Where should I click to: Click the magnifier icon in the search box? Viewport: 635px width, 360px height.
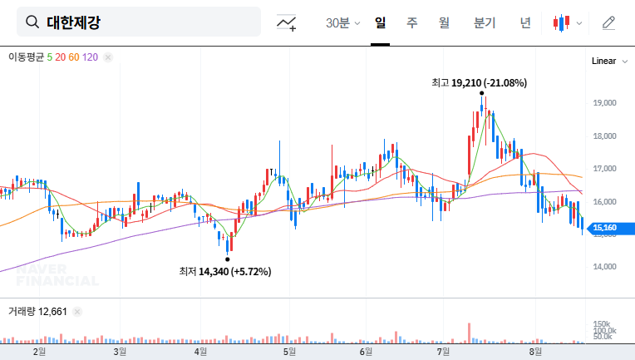point(32,22)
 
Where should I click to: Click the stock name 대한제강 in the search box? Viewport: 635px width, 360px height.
point(73,22)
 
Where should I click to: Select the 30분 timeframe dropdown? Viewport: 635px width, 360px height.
point(342,22)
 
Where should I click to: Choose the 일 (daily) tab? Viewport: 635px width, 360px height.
point(381,22)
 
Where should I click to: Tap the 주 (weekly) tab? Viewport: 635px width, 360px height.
point(411,22)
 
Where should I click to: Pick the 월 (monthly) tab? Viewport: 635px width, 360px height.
point(444,22)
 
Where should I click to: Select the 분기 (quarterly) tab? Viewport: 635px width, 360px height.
point(484,22)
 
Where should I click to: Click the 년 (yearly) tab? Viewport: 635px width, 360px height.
point(525,22)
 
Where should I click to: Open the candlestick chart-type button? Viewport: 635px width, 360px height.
point(567,22)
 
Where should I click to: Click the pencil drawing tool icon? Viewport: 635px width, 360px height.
point(608,22)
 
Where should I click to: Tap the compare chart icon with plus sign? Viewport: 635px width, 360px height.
point(287,23)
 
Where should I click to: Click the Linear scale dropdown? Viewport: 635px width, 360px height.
point(608,62)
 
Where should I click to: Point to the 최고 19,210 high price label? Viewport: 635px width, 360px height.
point(479,82)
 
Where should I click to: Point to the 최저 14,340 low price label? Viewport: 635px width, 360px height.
point(224,271)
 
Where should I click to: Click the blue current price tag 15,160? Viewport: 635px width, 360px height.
point(604,228)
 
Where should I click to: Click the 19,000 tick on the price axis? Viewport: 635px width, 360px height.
point(603,103)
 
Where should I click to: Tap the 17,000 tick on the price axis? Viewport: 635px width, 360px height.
point(603,169)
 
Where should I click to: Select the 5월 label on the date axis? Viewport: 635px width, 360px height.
point(289,352)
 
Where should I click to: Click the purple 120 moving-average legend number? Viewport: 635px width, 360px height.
point(91,57)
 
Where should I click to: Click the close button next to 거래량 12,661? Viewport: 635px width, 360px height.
point(78,312)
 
